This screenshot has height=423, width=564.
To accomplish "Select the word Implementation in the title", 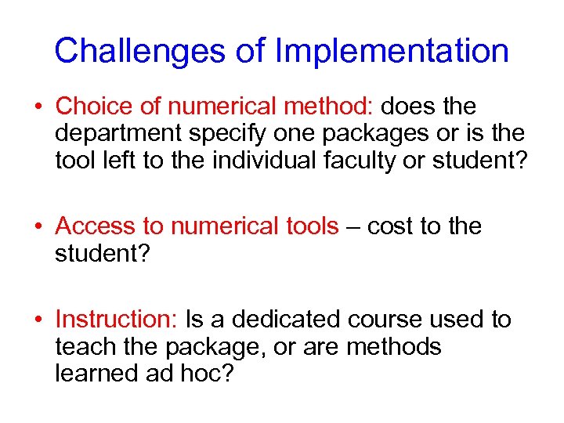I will coord(392,52).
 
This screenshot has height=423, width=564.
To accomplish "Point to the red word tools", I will coord(305,226).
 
